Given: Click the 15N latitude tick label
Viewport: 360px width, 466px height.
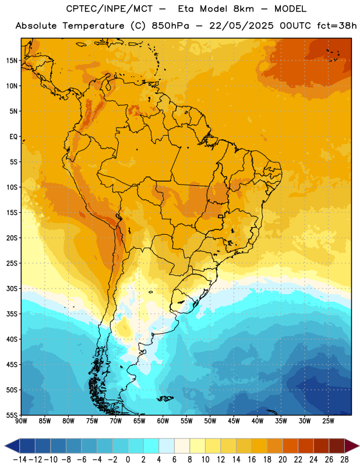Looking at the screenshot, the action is [x=12, y=61].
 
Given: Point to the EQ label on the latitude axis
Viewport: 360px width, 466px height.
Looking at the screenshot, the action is [x=13, y=137].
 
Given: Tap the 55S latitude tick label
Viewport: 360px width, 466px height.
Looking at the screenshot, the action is [x=12, y=415].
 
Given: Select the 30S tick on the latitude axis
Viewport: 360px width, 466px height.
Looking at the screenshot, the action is [x=12, y=288].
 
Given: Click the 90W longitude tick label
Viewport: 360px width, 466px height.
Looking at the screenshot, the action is [x=22, y=421].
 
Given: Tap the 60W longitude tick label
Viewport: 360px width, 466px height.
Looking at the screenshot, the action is [x=163, y=421].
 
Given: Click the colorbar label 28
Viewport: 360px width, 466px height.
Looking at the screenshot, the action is [x=344, y=460].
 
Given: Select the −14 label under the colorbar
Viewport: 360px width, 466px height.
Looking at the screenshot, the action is [x=20, y=460].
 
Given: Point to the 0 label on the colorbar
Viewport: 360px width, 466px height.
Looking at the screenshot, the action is [x=128, y=460].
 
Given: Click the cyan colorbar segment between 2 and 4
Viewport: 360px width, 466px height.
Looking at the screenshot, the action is [x=151, y=446].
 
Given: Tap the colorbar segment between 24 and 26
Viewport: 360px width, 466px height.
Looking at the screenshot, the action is [x=321, y=446].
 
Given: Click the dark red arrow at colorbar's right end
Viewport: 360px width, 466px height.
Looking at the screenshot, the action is [x=351, y=446].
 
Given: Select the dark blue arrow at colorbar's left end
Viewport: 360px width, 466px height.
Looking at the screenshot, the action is [x=12, y=446].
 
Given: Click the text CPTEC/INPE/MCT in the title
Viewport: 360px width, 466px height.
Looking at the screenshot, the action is [x=109, y=9].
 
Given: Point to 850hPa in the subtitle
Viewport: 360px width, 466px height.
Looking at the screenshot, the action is [x=170, y=26].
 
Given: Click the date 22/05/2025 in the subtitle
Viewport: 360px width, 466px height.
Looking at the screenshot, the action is [x=241, y=26].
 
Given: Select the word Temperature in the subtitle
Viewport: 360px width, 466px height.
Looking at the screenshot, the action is [x=93, y=26].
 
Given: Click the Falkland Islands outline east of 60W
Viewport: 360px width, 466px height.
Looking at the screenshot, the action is [x=165, y=398].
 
